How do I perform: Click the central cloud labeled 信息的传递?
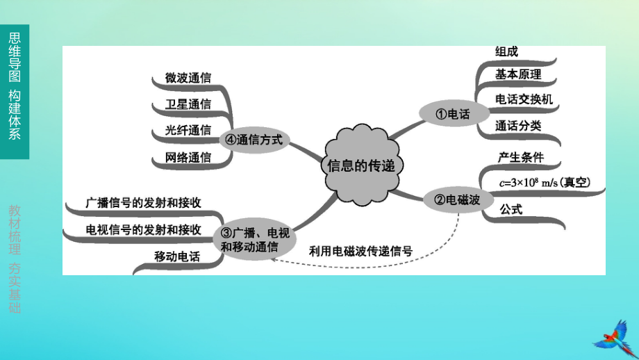361,165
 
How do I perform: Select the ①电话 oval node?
454,114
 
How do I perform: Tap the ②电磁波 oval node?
458,199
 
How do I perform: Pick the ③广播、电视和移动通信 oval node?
255,239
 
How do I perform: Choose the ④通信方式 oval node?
255,140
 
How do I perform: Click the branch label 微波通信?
188,78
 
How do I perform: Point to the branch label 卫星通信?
188,104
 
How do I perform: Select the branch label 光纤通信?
188,130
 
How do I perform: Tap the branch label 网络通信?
188,157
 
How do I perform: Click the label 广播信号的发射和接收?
144,203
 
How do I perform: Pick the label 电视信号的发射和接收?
144,230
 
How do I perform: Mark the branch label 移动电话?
177,256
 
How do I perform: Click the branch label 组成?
506,51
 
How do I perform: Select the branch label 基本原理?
518,74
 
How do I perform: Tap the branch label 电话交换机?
524,99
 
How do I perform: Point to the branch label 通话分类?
518,126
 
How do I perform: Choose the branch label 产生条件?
521,157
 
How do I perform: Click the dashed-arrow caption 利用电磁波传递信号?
360,251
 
